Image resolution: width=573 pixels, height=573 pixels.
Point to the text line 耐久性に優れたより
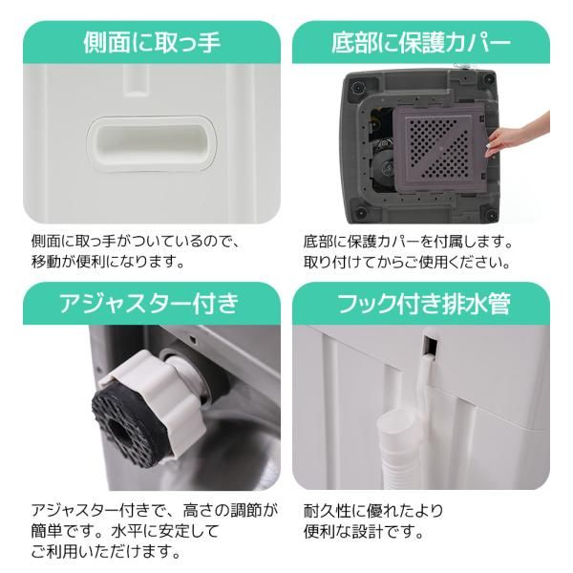(372, 510)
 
